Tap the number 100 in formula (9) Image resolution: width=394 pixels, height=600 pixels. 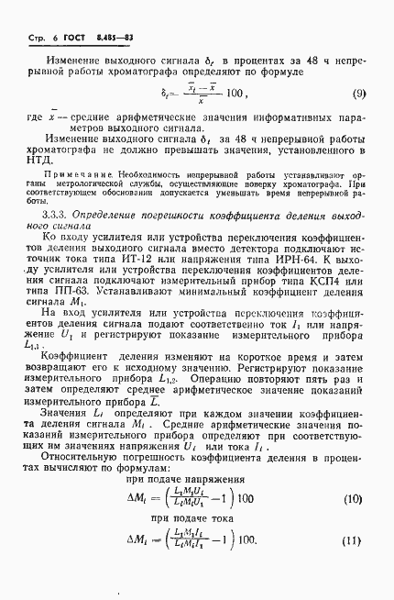point(235,94)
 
